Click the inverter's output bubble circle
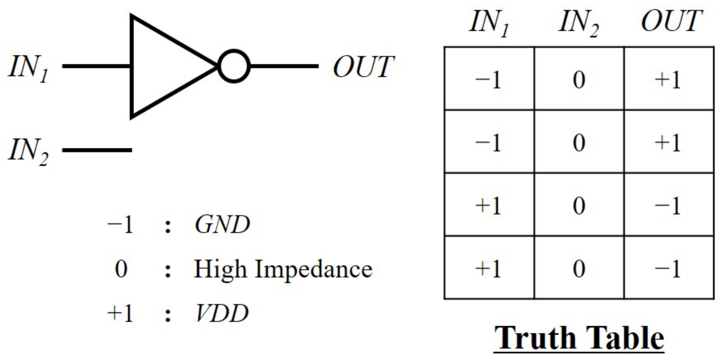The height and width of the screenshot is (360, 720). (x=234, y=66)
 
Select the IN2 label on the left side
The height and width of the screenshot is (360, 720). (x=29, y=151)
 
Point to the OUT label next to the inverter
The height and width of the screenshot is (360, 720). (x=363, y=67)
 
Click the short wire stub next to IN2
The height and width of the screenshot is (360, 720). (x=97, y=150)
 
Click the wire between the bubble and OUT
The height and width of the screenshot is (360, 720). (x=284, y=66)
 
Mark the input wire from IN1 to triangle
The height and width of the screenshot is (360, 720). (x=97, y=66)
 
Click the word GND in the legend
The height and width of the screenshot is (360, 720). (x=222, y=225)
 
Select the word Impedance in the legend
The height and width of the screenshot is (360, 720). (x=313, y=269)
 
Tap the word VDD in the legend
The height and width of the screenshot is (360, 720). (x=222, y=313)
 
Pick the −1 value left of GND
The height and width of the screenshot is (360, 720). (x=121, y=225)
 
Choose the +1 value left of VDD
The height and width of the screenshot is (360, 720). (x=121, y=313)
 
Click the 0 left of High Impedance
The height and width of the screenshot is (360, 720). (x=121, y=269)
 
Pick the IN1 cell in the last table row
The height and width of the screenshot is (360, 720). (x=489, y=268)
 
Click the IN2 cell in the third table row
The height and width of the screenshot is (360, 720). (x=579, y=205)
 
